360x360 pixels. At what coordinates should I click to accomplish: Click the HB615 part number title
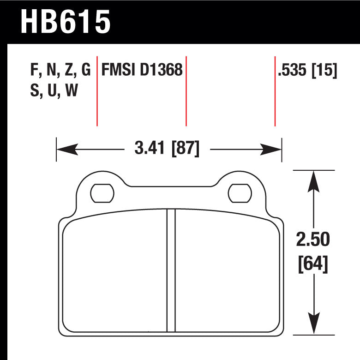tap(66, 22)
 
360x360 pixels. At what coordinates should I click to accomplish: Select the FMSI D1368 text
tap(142, 69)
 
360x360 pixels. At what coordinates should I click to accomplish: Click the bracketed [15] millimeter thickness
tap(324, 70)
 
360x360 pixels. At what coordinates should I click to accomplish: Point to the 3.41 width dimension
tap(150, 148)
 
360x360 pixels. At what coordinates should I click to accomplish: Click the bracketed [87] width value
tap(186, 148)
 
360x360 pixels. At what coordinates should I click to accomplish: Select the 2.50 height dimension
tap(313, 239)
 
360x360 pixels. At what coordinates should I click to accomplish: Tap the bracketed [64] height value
tap(313, 264)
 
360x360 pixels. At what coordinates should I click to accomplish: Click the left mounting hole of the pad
tap(102, 193)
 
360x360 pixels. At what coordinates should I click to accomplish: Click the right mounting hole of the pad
tap(240, 193)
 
